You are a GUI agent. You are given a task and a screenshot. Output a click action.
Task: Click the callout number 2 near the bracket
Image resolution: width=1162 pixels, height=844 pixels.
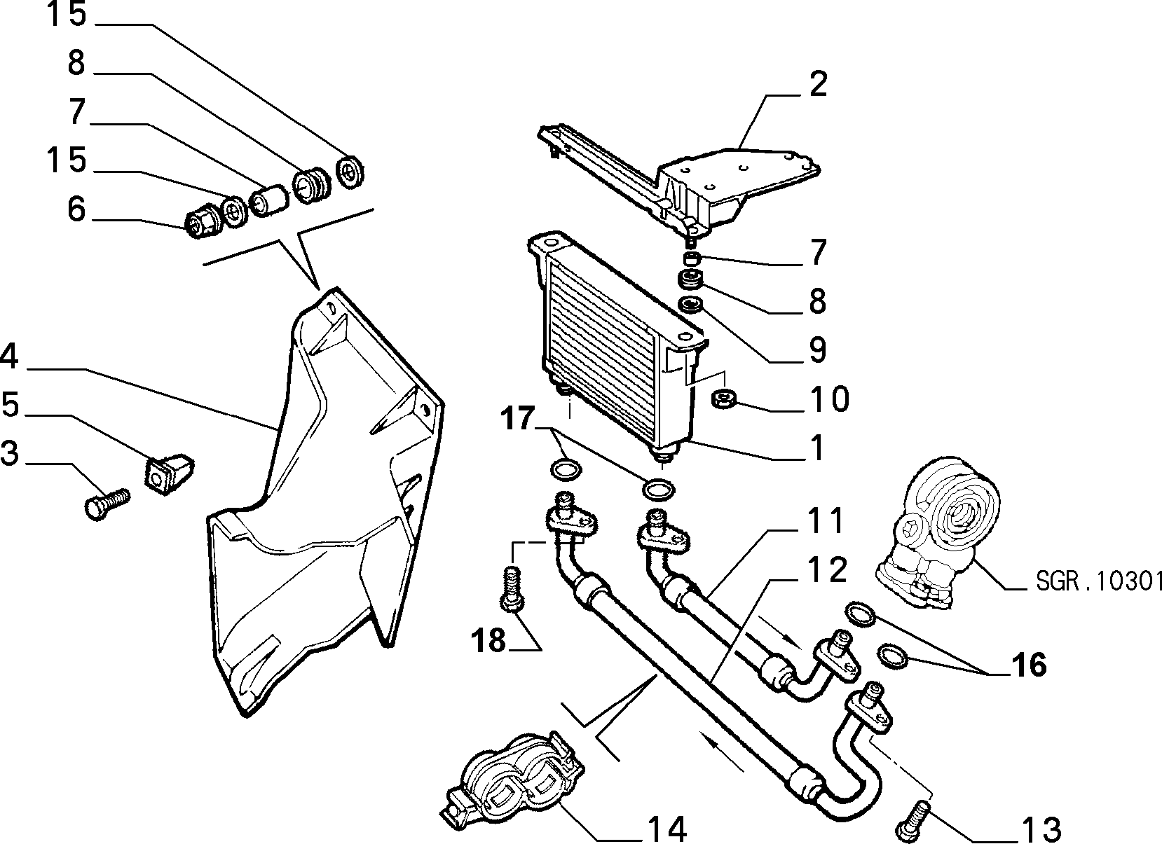click(818, 84)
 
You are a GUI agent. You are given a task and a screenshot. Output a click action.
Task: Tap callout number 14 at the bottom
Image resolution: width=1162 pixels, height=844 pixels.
click(668, 829)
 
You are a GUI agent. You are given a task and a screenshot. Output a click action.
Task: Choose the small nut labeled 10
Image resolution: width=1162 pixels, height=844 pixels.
click(723, 399)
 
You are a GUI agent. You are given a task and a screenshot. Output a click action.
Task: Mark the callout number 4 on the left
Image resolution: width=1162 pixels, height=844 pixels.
click(9, 357)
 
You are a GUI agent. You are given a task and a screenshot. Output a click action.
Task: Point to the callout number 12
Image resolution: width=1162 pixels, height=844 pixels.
click(827, 569)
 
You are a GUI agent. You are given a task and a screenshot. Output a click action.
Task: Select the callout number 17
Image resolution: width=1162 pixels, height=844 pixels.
click(517, 418)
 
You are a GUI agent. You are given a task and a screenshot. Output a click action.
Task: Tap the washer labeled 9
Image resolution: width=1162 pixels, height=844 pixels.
click(690, 305)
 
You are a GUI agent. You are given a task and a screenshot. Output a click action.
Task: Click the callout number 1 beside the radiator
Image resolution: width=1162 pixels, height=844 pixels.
click(817, 447)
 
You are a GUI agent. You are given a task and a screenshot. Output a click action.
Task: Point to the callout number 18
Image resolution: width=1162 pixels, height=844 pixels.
click(488, 641)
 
